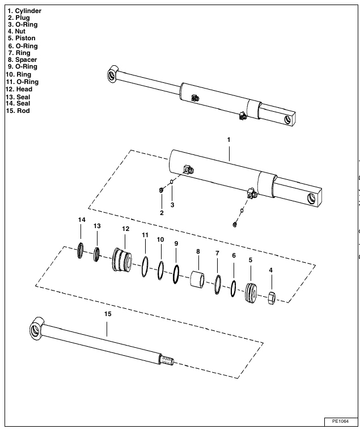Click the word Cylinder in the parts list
pyautogui.click(x=28, y=11)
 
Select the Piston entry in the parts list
pyautogui.click(x=25, y=39)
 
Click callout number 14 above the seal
pyautogui.click(x=81, y=220)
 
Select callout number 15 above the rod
pyautogui.click(x=108, y=313)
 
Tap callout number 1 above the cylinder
pyautogui.click(x=229, y=140)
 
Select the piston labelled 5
pyautogui.click(x=251, y=292)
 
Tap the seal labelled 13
pyautogui.click(x=98, y=254)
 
